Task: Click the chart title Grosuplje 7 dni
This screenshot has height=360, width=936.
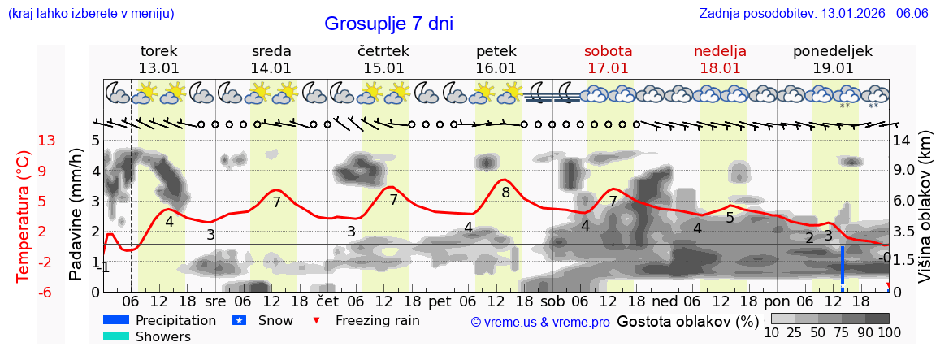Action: click(x=388, y=24)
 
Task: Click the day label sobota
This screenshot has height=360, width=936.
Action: click(x=608, y=51)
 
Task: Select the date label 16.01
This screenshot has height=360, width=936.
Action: click(x=496, y=68)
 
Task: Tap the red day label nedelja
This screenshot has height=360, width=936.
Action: click(x=720, y=51)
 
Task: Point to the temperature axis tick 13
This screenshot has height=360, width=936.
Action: click(x=46, y=141)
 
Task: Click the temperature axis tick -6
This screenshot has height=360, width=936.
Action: click(x=46, y=292)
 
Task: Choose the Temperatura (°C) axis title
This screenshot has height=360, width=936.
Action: click(x=24, y=215)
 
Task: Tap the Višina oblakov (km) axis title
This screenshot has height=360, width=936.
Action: click(x=924, y=215)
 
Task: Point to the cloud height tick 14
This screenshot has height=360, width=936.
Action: click(x=901, y=141)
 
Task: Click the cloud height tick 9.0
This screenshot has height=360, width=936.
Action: click(x=904, y=171)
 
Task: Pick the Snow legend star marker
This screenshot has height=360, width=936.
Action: click(x=239, y=321)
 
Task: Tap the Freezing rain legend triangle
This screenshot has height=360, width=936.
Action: click(x=317, y=320)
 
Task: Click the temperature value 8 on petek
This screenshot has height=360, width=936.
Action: click(x=505, y=193)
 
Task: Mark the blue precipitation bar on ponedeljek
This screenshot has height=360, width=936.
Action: click(x=843, y=267)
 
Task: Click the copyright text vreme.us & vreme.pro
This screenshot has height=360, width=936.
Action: click(x=540, y=322)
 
